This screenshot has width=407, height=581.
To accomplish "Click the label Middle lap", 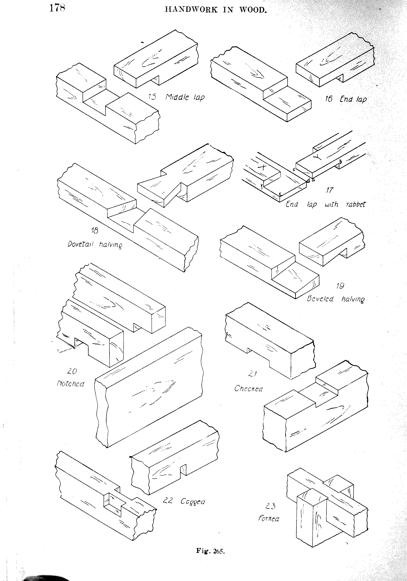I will click(185, 97).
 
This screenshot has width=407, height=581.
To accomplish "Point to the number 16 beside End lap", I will click(328, 98).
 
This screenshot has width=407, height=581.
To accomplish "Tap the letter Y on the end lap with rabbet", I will click(319, 157).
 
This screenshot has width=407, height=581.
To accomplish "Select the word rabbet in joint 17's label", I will click(356, 204).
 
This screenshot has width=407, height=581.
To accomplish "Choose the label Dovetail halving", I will click(95, 245).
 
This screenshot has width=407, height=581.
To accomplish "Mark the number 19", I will click(340, 286).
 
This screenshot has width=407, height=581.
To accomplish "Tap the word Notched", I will click(70, 384).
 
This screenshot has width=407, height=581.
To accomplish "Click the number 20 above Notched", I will click(72, 371).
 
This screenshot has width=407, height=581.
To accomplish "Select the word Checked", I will click(248, 388).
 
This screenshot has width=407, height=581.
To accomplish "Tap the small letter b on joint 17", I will click(341, 161).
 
